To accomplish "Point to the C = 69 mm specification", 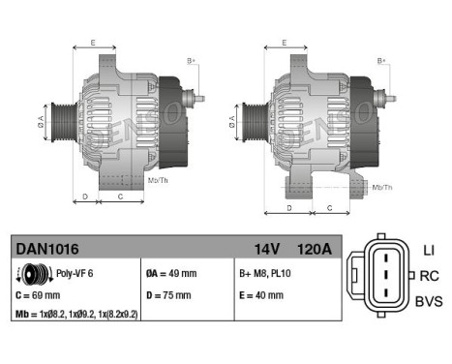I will (40, 294).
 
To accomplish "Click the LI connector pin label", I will (427, 251).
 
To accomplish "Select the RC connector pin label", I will (427, 275).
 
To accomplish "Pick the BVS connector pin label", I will (427, 301).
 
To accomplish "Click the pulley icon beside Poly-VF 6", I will (30, 274).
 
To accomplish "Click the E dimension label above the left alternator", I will (92, 43).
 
